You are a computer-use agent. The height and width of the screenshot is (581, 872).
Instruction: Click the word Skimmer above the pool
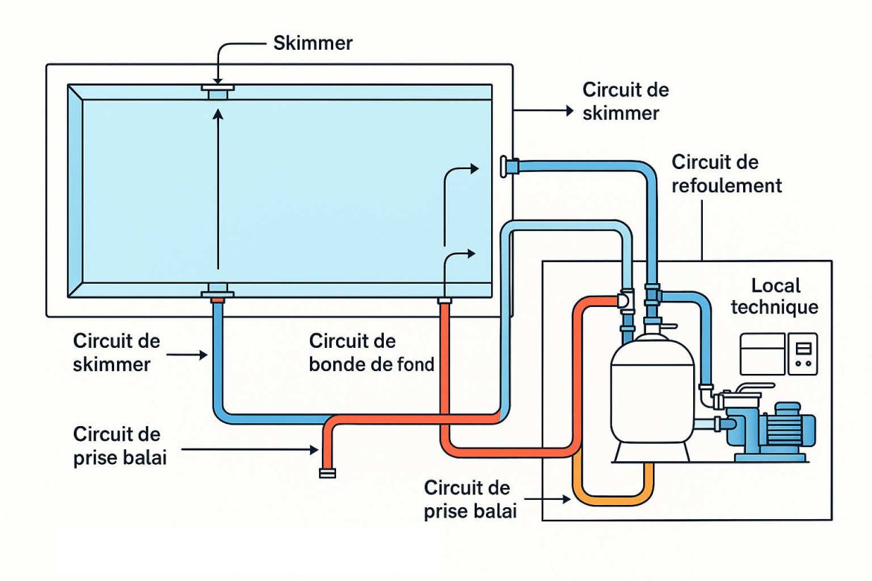click(313, 43)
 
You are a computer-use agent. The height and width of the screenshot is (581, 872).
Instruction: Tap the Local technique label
click(774, 296)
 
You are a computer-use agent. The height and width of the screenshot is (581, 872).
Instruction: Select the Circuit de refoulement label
click(727, 174)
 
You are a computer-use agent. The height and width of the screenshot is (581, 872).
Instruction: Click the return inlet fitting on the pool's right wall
click(511, 165)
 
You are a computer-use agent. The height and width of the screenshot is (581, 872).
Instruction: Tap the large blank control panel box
click(762, 353)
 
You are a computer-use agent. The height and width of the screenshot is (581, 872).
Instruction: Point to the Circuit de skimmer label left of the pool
click(116, 353)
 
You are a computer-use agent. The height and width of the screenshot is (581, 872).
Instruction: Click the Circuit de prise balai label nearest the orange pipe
click(467, 499)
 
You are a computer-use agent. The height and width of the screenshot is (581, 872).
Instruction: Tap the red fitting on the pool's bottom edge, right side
click(445, 302)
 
